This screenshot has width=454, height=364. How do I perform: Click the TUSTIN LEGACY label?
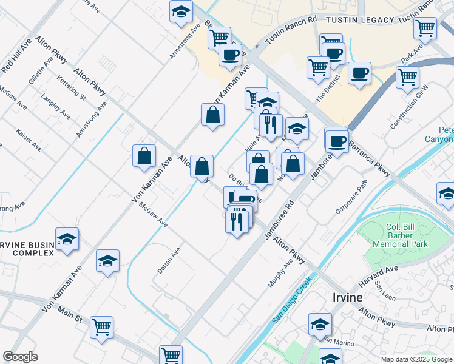tap(361, 20)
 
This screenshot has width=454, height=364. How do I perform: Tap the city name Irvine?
tap(347, 297)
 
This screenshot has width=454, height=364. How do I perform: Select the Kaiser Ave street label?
tap(29, 139)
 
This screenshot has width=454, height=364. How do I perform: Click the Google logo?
tap(20, 356)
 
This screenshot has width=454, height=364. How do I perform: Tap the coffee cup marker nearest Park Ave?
tap(359, 73)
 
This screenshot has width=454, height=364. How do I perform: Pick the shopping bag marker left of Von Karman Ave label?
tap(144, 155)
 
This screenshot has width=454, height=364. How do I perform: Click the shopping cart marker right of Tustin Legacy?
tap(425, 27)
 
